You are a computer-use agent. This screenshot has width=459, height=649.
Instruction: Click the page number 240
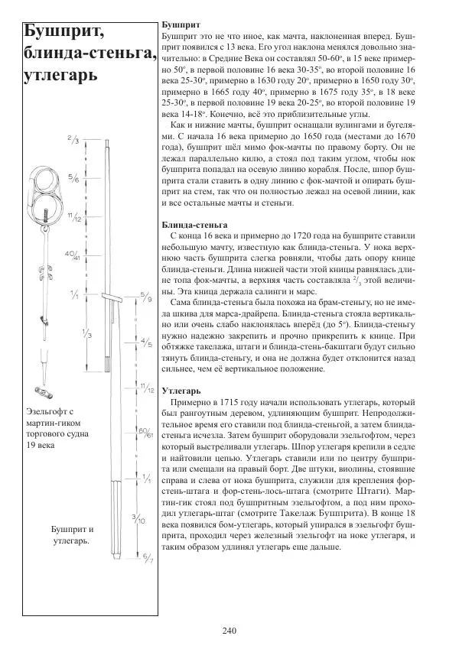(229, 630)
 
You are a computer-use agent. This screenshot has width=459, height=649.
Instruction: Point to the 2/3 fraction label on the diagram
(73, 140)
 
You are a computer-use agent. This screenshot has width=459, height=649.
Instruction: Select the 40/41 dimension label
(72, 255)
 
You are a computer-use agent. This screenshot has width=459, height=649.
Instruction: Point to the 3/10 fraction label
(142, 520)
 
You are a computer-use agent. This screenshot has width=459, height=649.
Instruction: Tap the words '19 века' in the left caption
(39, 446)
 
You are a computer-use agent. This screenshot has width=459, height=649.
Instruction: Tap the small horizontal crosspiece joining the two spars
(113, 297)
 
